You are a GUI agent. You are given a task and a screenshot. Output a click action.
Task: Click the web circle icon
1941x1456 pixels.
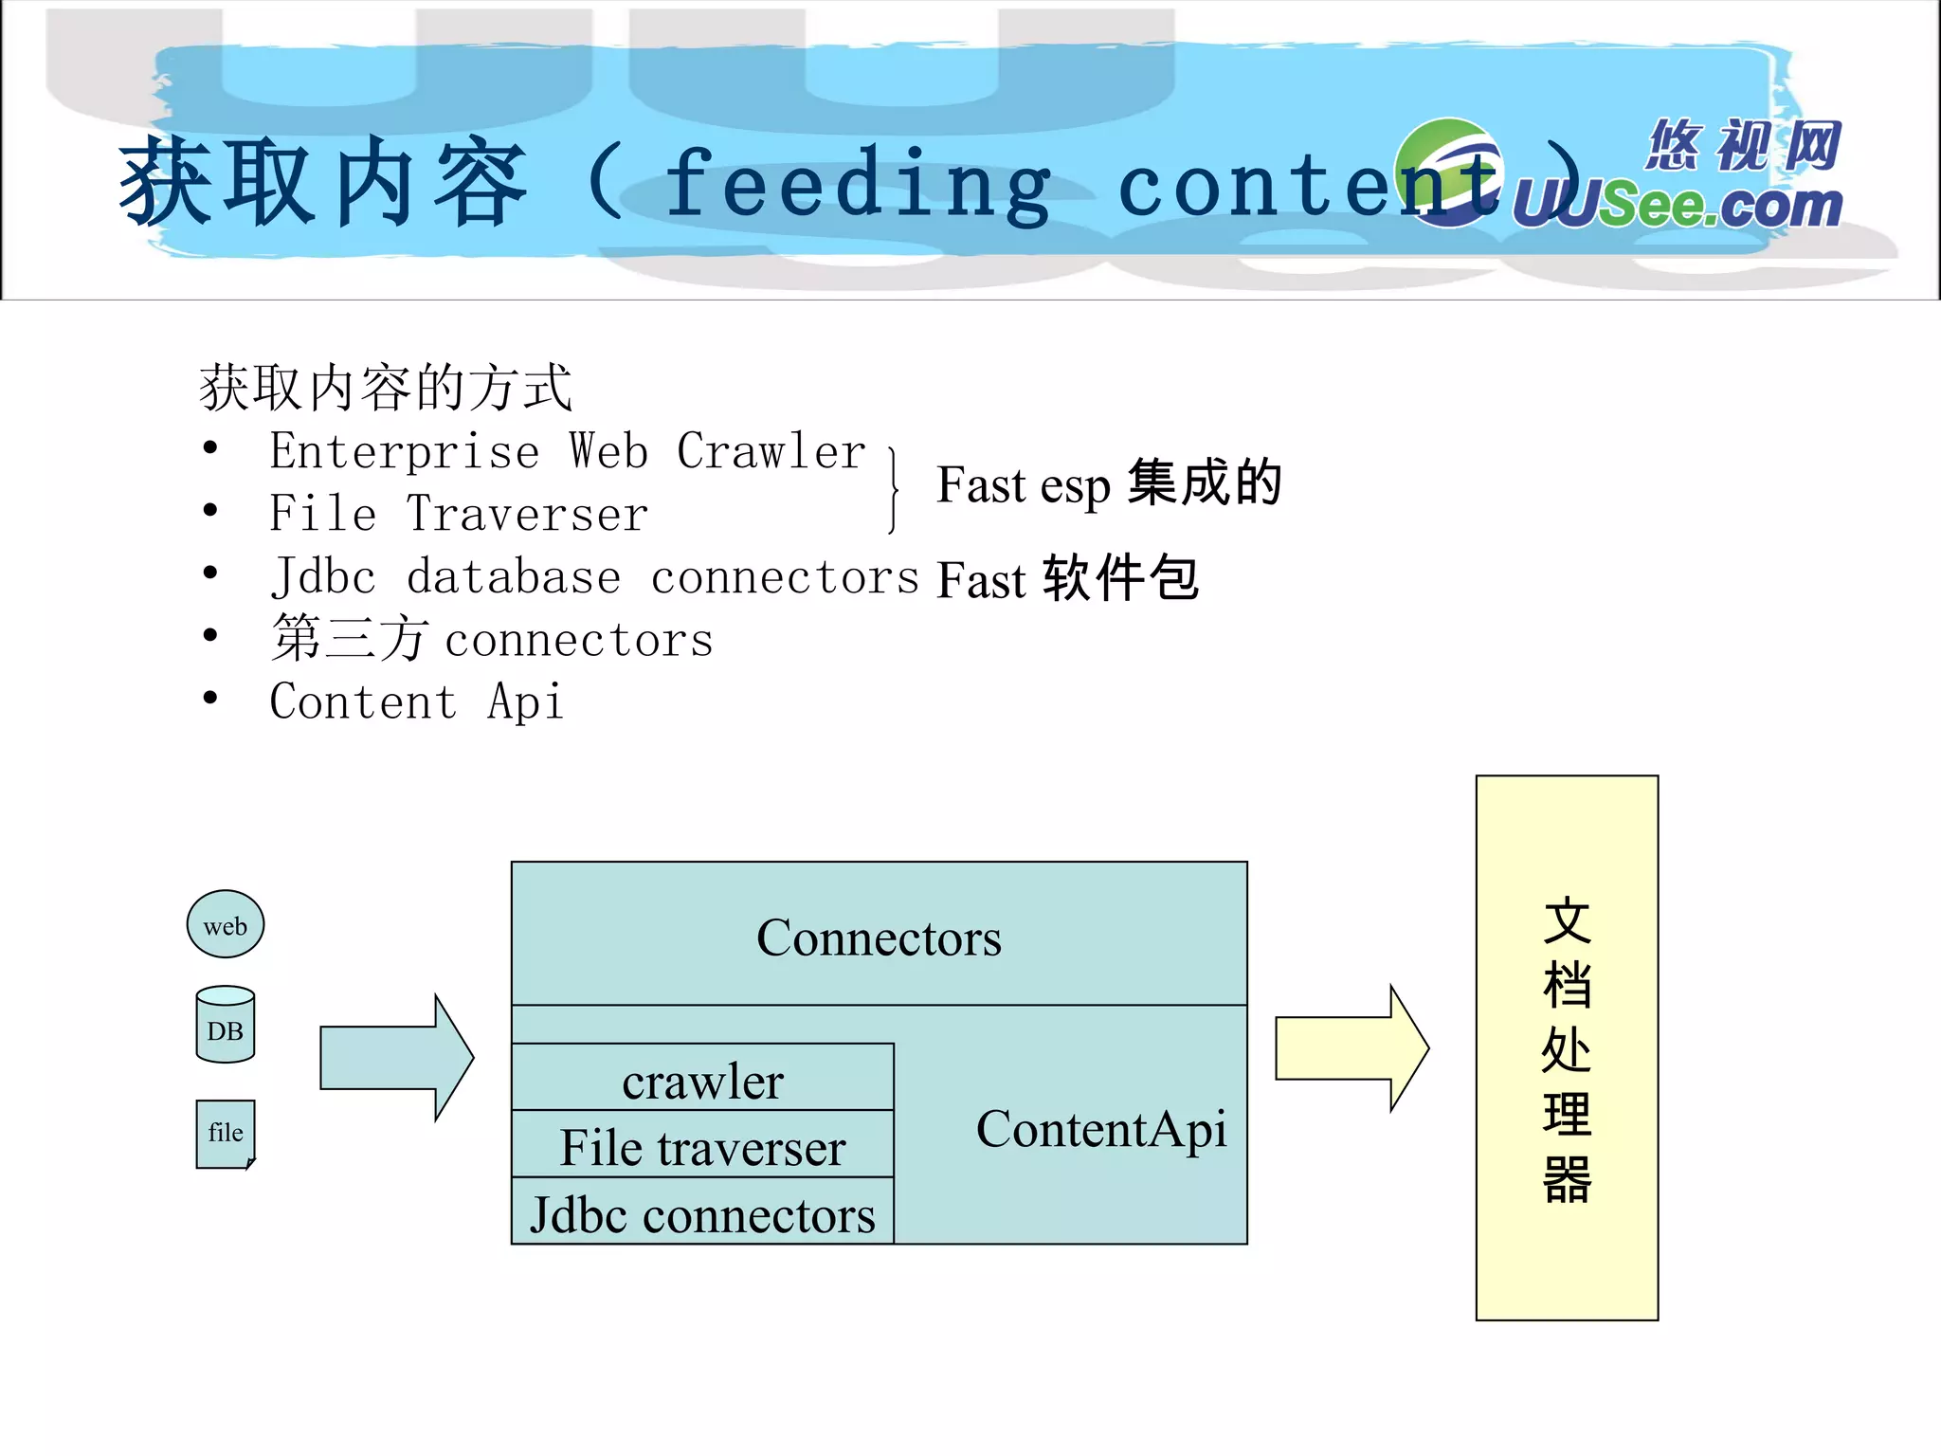226,924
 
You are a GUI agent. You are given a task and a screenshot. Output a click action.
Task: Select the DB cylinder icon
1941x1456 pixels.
226,1026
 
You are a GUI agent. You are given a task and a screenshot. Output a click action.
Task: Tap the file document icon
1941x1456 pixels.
226,1134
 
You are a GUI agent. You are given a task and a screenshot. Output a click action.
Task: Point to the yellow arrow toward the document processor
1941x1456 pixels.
1351,1048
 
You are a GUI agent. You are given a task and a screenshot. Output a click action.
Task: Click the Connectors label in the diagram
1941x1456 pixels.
879,937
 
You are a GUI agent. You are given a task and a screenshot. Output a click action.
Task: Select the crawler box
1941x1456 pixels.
702,1079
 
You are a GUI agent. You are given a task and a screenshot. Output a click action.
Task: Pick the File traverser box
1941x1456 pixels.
702,1146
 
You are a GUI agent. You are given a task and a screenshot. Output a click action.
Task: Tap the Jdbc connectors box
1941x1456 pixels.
702,1213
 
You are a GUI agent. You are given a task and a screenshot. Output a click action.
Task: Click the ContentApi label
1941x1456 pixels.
1100,1129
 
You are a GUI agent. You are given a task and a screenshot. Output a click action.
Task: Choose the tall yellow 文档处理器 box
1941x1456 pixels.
1567,1047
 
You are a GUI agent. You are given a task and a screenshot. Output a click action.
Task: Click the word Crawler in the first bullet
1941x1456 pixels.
771,451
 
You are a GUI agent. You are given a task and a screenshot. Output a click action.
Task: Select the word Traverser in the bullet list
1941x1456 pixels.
527,515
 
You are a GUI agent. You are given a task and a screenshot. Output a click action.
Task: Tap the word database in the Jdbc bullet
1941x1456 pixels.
514,577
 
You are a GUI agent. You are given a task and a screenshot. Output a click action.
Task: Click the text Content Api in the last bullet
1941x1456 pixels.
417,702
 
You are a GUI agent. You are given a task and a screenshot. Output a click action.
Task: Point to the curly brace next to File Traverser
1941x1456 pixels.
893,490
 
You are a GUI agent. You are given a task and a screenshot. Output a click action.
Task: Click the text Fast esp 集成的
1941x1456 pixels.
1109,484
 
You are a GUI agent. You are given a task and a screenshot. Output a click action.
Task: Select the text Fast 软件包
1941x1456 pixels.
1067,579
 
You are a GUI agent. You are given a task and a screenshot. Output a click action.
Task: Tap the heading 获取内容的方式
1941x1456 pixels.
386,388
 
